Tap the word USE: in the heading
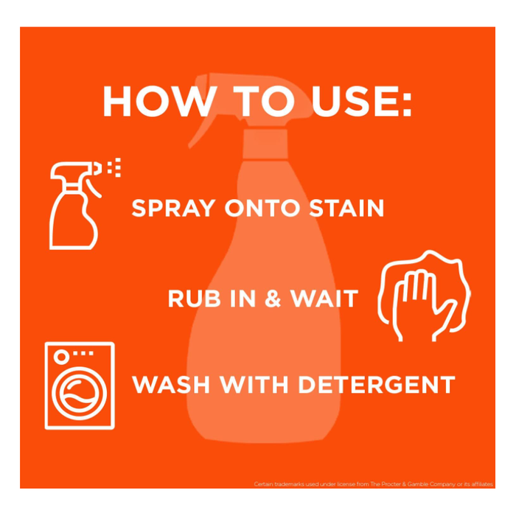pyautogui.click(x=362, y=102)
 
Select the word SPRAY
pyautogui.click(x=173, y=208)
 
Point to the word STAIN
pyautogui.click(x=346, y=208)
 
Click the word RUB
pyautogui.click(x=194, y=299)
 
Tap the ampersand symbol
pyautogui.click(x=273, y=299)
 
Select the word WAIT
pyautogui.click(x=324, y=299)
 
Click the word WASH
pyautogui.click(x=171, y=384)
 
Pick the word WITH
pyautogui.click(x=254, y=384)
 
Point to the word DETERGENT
pyautogui.click(x=377, y=384)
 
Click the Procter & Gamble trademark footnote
pyautogui.click(x=373, y=484)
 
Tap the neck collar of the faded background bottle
pyautogui.click(x=265, y=144)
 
